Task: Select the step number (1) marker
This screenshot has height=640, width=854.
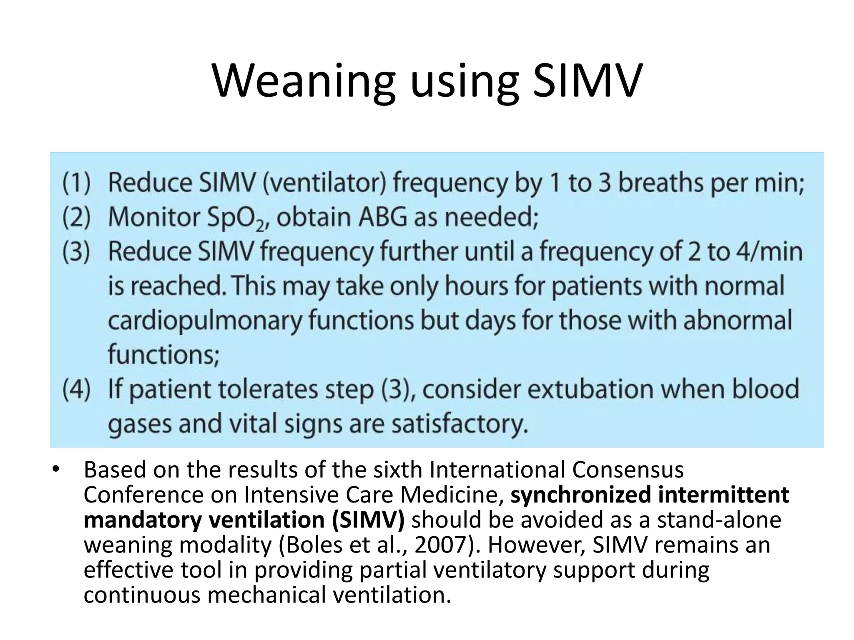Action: pos(76,183)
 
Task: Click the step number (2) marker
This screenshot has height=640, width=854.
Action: pos(76,217)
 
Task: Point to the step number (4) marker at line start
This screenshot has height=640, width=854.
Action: pos(76,389)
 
